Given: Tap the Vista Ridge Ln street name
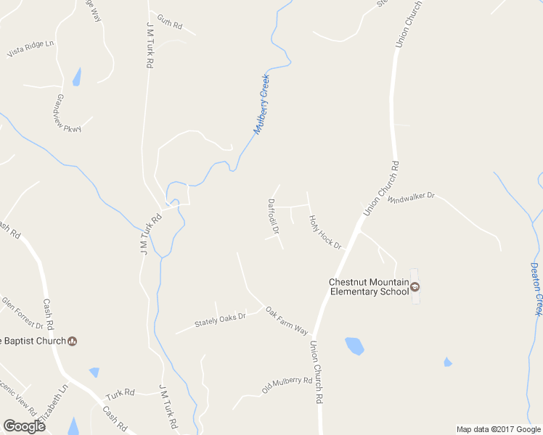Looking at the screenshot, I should tap(30, 49).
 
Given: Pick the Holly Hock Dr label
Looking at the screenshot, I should tap(324, 232).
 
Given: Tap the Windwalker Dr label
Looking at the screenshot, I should tap(410, 197).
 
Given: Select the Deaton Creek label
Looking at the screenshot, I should tap(537, 288).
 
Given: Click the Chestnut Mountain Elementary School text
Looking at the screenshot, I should tap(364, 286).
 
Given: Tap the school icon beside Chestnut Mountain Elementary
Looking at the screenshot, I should tap(415, 286).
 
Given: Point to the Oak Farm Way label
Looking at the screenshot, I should tap(287, 320).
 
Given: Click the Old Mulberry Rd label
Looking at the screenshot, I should tap(287, 383).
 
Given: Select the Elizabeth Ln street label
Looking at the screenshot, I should tap(54, 404).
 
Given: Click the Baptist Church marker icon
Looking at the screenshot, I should tap(72, 341).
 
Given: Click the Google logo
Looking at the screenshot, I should tap(24, 426).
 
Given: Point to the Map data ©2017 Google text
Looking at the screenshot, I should tap(498, 429).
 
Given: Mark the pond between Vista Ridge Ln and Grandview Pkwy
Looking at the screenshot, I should tap(76, 77).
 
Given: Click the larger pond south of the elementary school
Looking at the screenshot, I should tap(354, 346).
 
